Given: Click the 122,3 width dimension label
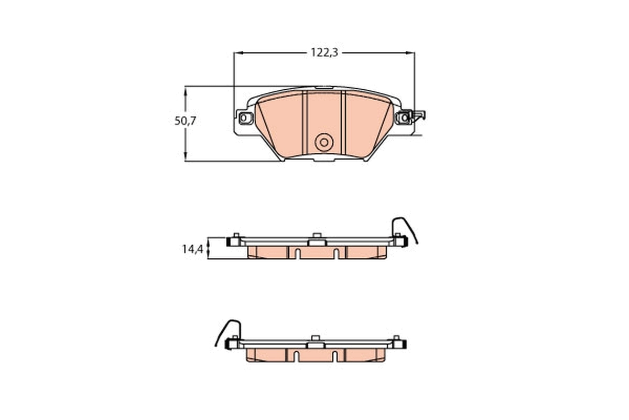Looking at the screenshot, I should [x=324, y=52].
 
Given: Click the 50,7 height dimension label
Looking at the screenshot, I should [x=185, y=121].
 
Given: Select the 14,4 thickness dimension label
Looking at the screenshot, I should [x=192, y=249].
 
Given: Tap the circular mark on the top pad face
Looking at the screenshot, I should [x=324, y=142].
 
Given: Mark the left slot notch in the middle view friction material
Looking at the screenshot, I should [x=297, y=254].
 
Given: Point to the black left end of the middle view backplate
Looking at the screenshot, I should [x=230, y=241].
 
